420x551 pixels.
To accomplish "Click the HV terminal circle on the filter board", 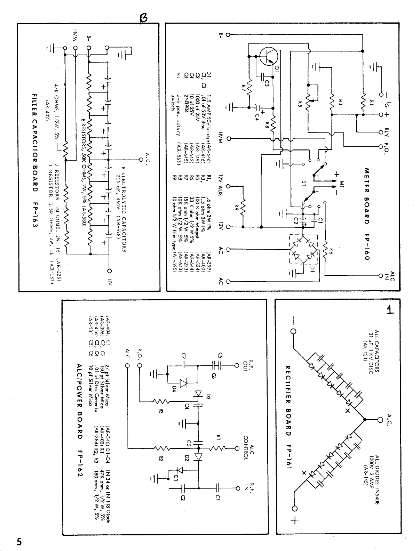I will [x=109, y=271].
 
